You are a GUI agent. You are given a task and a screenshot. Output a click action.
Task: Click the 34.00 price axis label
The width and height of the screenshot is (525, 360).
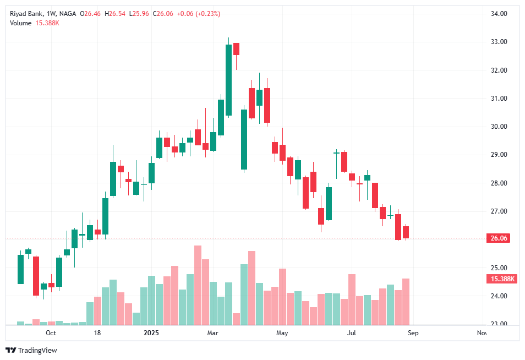(499, 14)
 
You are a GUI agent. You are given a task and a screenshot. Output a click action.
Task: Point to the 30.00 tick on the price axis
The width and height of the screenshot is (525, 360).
(499, 127)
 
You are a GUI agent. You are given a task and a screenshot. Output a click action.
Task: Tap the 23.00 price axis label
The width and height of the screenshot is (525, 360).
(499, 324)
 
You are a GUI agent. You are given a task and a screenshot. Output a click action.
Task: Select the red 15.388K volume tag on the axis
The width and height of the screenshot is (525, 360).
(501, 279)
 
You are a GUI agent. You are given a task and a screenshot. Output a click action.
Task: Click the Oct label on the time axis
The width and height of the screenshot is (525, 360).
(51, 333)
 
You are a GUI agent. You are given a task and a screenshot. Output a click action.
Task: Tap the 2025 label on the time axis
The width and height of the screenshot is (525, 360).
(151, 333)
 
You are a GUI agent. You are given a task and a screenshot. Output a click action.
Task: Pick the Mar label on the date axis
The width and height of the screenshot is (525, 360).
(213, 333)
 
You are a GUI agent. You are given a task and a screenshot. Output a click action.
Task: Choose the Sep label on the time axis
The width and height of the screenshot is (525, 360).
(413, 333)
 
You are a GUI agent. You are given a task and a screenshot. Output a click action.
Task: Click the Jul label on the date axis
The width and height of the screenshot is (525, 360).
(352, 333)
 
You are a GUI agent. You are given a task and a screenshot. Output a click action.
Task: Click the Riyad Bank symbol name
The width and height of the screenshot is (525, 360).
(26, 14)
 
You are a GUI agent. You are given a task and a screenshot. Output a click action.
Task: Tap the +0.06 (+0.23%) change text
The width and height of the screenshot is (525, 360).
(198, 14)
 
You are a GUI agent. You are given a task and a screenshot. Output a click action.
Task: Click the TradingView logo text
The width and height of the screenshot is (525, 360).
(37, 350)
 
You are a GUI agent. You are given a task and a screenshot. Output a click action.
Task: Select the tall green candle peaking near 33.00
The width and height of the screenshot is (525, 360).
(228, 80)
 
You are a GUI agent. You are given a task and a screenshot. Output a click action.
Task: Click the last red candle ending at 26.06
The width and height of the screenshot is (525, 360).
(406, 232)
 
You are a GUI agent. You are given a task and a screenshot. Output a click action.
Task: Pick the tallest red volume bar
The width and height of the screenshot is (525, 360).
(198, 285)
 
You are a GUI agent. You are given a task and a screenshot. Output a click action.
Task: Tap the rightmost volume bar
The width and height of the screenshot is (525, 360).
(406, 302)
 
